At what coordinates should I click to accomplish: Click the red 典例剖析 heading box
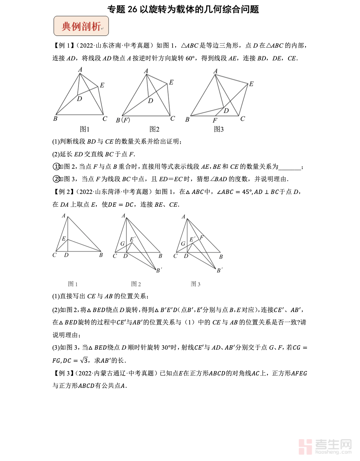click(x=81, y=26)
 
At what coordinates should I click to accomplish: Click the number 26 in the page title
click(x=132, y=9)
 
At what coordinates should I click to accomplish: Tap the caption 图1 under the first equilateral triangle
click(x=84, y=129)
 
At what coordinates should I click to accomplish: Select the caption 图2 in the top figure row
click(x=154, y=129)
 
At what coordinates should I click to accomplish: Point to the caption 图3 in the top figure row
click(x=219, y=129)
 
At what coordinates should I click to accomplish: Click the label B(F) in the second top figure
click(x=123, y=120)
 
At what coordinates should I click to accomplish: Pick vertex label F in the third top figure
click(x=215, y=120)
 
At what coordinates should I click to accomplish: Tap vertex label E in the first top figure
click(x=102, y=85)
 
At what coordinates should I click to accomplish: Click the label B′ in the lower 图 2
click(x=159, y=270)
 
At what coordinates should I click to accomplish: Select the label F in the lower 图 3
click(x=201, y=238)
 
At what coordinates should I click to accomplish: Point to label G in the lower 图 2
click(x=122, y=244)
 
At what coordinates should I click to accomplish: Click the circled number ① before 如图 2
click(x=57, y=166)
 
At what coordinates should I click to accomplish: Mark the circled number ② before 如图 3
click(x=57, y=179)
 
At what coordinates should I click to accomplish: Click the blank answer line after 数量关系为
click(x=290, y=167)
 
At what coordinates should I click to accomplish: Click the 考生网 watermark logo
click(x=325, y=447)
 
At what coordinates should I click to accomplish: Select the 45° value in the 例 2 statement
click(x=247, y=192)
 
